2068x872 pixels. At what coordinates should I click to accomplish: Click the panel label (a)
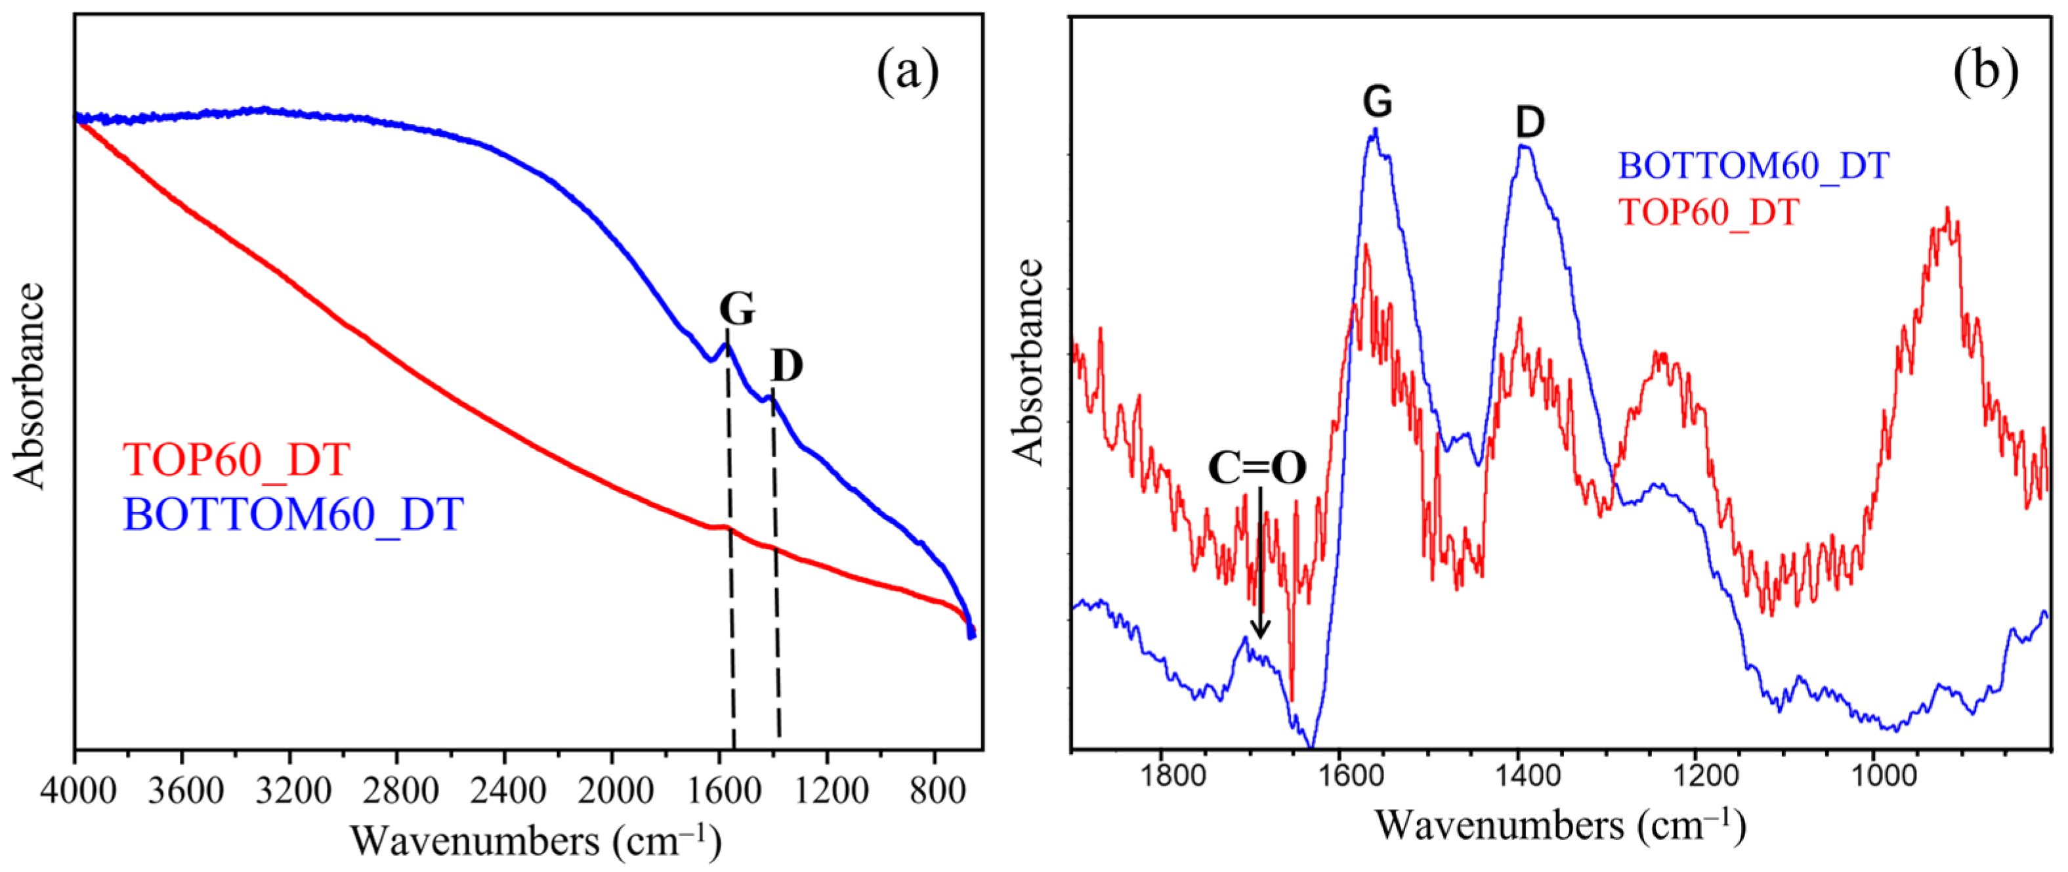907,73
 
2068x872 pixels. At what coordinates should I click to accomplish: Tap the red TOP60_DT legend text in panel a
236,459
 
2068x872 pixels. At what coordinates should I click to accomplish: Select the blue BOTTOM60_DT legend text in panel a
293,514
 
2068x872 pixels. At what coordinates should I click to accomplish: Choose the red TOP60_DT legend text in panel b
1709,213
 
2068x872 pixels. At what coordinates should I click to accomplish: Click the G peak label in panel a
736,309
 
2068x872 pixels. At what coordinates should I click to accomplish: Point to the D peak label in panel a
786,366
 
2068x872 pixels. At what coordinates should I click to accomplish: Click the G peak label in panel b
1378,102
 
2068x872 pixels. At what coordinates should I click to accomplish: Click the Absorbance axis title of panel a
30,385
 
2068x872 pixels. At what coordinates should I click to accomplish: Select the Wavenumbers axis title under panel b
1561,825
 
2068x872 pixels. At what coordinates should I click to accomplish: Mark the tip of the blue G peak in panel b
1375,129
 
